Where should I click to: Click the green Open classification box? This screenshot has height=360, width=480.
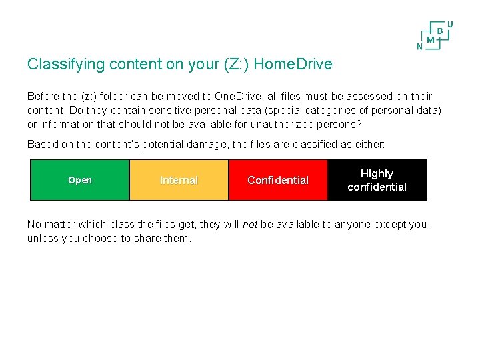(x=80, y=180)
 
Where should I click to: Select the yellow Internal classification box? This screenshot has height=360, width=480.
(x=179, y=180)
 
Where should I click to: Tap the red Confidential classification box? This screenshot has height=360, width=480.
(x=278, y=180)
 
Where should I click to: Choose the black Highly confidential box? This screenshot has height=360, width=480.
(x=377, y=180)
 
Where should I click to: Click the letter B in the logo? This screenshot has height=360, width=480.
(x=440, y=31)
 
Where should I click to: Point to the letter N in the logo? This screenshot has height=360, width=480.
(x=419, y=47)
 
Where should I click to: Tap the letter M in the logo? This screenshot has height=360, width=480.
(x=430, y=39)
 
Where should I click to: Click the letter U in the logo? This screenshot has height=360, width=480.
(x=450, y=24)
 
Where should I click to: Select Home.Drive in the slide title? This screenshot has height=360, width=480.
(x=293, y=65)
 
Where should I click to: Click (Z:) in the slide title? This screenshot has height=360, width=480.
(x=235, y=65)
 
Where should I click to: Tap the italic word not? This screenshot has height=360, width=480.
(x=249, y=225)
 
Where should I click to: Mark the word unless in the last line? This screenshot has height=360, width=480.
(x=42, y=238)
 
